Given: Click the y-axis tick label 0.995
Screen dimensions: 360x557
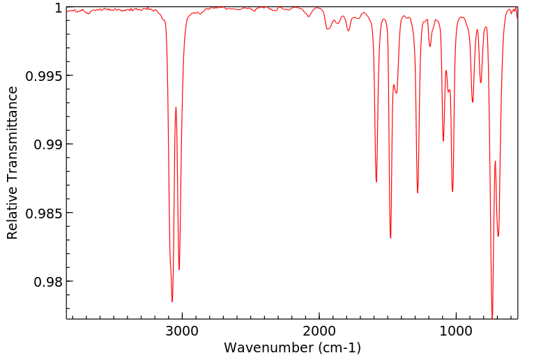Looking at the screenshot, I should tap(43, 76).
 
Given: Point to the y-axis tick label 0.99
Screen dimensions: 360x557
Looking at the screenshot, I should tap(47, 144).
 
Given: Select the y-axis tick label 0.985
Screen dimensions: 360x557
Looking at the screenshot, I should tap(43, 213).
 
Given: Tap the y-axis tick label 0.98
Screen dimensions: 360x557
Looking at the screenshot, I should tap(47, 281).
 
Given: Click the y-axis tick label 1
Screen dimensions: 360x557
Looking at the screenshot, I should tap(59, 8).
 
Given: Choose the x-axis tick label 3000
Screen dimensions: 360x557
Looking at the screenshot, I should tap(182, 329).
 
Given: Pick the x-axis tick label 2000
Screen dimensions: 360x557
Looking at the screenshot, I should tap(319, 329).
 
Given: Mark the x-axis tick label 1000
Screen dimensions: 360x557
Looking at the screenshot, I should tap(456, 329).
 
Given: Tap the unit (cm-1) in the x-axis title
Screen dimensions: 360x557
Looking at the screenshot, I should tap(337, 347).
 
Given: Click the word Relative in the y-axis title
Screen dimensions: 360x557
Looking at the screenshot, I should tap(13, 214).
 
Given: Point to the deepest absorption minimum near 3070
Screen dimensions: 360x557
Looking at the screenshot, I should tap(172, 301).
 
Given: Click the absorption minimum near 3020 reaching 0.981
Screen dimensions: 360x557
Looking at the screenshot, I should tap(179, 269).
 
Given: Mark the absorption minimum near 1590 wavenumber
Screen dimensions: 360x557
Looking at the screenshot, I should tap(376, 182).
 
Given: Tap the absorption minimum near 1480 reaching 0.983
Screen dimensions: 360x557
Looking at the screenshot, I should tap(390, 238).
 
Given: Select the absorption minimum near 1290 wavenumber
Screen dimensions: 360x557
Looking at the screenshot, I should tap(418, 193).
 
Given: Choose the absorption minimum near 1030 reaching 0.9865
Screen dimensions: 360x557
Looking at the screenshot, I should tap(452, 191).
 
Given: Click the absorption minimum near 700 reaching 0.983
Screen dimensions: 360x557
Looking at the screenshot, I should tap(498, 236).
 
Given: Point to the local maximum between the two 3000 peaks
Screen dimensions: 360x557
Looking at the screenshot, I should tap(176, 107).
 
